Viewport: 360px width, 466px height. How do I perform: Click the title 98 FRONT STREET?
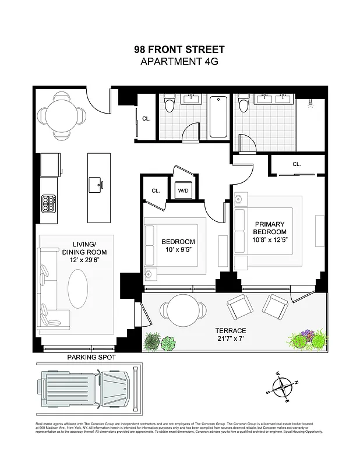pyautogui.click(x=179, y=50)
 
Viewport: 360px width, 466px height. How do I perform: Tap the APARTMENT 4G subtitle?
pyautogui.click(x=179, y=61)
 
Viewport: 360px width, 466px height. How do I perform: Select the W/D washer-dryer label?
pyautogui.click(x=182, y=190)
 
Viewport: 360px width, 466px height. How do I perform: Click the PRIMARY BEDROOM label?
pyautogui.click(x=269, y=228)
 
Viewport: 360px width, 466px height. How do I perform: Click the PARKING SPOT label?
pyautogui.click(x=91, y=357)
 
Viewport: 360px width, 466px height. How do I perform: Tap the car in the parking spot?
pyautogui.click(x=86, y=389)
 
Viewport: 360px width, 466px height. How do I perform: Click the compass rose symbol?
pyautogui.click(x=283, y=385)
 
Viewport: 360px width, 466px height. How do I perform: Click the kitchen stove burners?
pyautogui.click(x=48, y=203)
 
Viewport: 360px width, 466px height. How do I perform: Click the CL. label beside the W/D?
pyautogui.click(x=156, y=190)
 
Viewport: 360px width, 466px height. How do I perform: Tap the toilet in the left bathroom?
pyautogui.click(x=170, y=103)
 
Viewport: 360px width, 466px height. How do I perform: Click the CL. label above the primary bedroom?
pyautogui.click(x=297, y=164)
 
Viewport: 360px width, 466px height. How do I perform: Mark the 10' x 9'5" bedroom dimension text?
pyautogui.click(x=178, y=250)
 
